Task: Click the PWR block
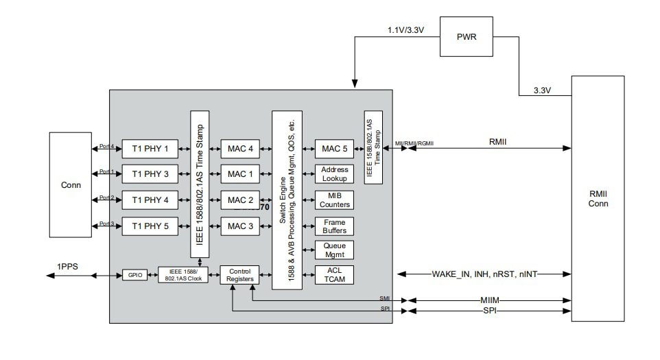point(467,36)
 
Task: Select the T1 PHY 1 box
point(150,148)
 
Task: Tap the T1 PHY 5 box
point(150,226)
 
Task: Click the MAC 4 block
point(240,148)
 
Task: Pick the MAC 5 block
point(334,148)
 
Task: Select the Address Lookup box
point(334,174)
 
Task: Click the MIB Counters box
point(334,200)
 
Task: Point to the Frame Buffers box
point(334,226)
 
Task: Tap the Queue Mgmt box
point(334,250)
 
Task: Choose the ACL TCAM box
point(334,275)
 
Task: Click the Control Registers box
point(240,275)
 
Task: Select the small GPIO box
point(135,275)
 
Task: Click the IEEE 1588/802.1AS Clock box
point(182,275)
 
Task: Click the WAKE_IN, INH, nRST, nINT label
point(484,274)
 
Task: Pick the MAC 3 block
point(240,226)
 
